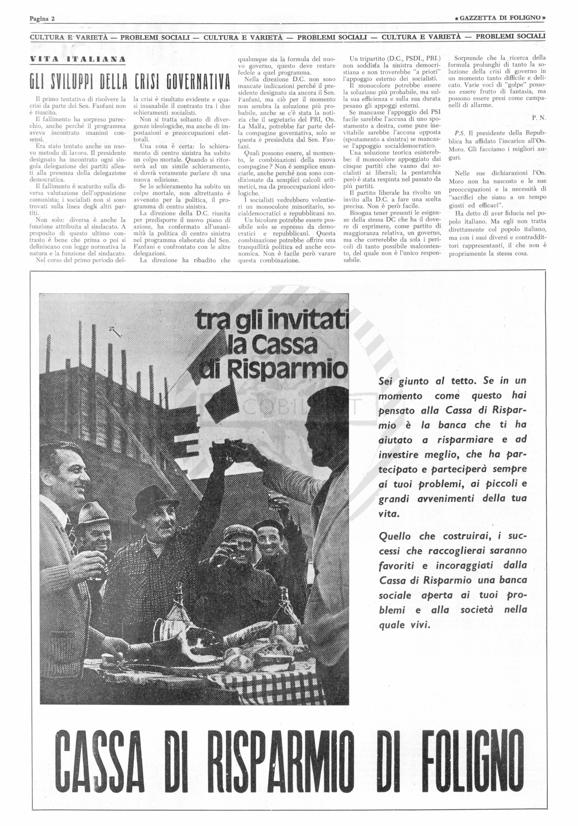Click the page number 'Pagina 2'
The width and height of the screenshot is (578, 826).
pos(42,19)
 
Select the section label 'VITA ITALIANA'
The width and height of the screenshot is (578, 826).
pos(78,59)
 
